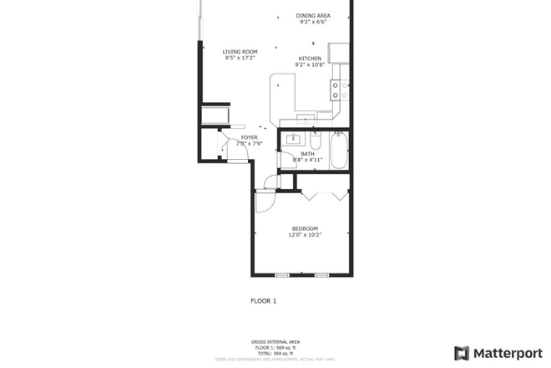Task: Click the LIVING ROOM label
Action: click(x=240, y=52)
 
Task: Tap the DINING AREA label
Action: click(x=313, y=16)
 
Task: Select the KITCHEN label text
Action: click(x=310, y=58)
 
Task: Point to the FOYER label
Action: click(x=249, y=137)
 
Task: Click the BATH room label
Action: click(x=307, y=153)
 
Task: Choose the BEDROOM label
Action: click(x=305, y=228)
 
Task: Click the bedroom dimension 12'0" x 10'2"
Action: click(x=305, y=235)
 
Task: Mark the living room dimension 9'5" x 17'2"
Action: click(x=240, y=59)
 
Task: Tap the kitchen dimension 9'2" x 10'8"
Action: click(x=310, y=64)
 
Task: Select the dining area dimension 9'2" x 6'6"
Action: click(x=313, y=23)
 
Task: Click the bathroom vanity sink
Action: click(x=294, y=138)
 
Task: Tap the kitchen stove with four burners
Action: click(x=338, y=89)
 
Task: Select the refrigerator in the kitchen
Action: click(x=339, y=54)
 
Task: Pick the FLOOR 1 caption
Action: click(x=263, y=300)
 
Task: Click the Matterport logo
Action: click(x=496, y=352)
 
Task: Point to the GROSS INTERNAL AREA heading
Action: click(x=275, y=341)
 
